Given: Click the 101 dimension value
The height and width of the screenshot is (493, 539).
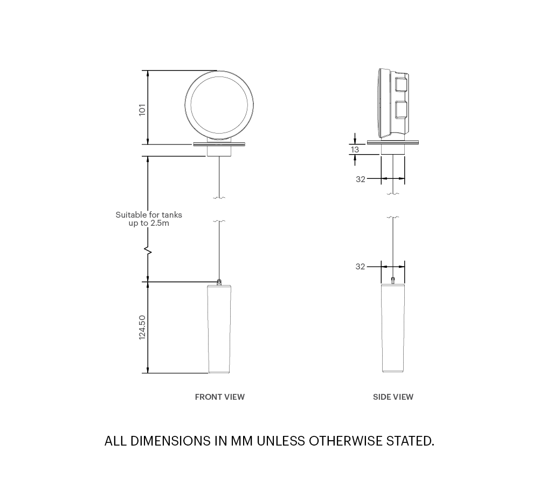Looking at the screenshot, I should click(x=142, y=109).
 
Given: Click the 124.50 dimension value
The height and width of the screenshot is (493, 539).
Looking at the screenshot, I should click(x=142, y=327).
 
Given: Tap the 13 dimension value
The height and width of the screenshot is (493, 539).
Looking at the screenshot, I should click(x=355, y=150).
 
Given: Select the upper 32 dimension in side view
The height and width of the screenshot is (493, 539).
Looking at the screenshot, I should click(x=361, y=179).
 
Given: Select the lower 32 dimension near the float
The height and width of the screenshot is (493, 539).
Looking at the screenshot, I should click(x=361, y=267).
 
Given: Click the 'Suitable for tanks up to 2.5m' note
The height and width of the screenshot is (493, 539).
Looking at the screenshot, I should click(x=149, y=219).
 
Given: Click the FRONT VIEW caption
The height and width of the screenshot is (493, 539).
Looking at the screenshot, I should click(x=219, y=397).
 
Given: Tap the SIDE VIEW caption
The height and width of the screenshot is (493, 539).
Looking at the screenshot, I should click(x=393, y=397).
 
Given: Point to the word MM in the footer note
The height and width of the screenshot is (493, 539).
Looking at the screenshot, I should click(x=242, y=441).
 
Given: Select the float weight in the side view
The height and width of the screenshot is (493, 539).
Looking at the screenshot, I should click(x=393, y=329).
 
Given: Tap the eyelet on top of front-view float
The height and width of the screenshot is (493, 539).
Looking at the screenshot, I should click(x=219, y=281).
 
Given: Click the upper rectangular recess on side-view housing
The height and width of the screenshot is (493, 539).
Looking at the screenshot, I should click(x=400, y=85).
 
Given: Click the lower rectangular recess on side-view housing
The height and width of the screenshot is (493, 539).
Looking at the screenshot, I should click(x=400, y=109).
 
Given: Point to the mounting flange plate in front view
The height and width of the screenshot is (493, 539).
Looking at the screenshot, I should click(x=219, y=144).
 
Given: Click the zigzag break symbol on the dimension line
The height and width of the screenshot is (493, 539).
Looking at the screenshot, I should click(x=148, y=251).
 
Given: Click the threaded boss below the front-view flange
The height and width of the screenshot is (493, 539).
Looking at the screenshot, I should click(x=219, y=151).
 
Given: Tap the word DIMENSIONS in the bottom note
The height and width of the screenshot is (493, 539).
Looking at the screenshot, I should click(x=170, y=441).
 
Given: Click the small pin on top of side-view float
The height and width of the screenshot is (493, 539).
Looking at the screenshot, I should click(x=393, y=280).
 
